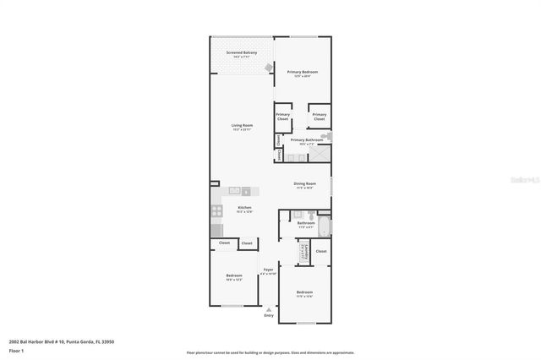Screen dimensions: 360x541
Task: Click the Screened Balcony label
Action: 241,54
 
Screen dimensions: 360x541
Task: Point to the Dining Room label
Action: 304,185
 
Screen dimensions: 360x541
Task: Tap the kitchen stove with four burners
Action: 216,212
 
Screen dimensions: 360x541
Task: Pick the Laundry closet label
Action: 301,251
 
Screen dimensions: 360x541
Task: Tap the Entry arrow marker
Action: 269,308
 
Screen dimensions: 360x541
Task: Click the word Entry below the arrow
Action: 269,315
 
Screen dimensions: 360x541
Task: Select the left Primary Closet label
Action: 282,117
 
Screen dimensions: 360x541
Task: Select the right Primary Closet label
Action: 319,117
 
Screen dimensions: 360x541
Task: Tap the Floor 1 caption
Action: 16,350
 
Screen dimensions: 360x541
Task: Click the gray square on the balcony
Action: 270,68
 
